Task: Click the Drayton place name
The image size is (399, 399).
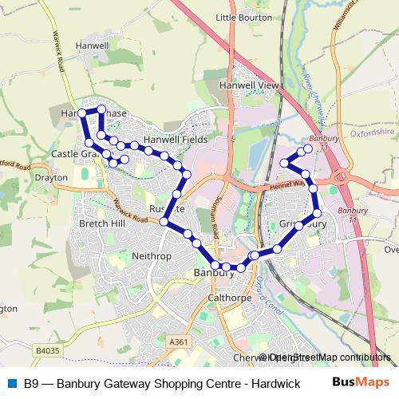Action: point(51,177)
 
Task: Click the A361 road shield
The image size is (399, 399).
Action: point(180,342)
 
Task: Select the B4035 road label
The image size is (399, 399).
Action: point(48,349)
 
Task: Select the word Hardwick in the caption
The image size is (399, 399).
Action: point(272,383)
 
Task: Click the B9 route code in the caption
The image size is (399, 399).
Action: point(31,383)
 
